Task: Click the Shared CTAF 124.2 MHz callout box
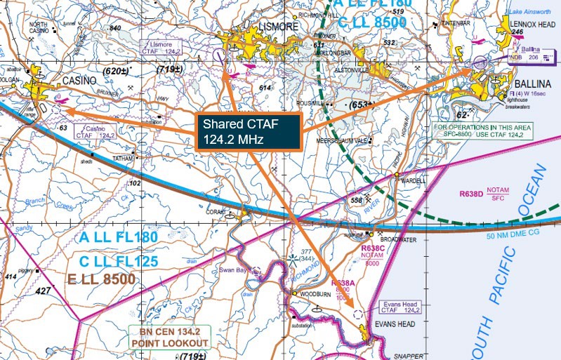coord(249,131)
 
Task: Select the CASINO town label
coord(79,81)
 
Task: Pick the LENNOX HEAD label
coord(532,25)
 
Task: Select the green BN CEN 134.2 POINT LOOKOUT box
coord(169,338)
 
